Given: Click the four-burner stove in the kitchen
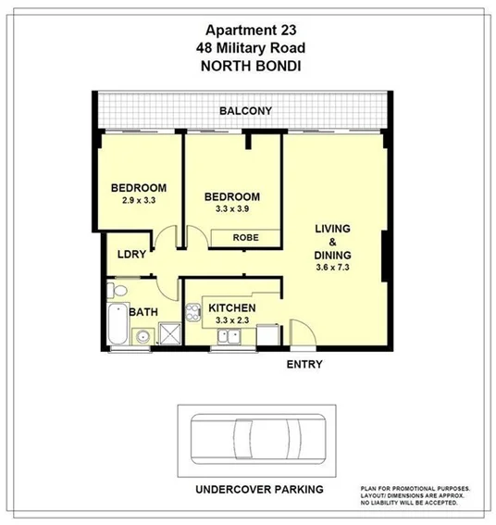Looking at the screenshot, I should tap(194, 311).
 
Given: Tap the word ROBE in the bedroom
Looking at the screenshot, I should tap(245, 238).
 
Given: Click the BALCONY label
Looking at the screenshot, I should tap(245, 112).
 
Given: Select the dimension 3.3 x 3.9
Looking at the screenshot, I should tap(231, 209).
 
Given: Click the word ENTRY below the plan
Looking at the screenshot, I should tap(304, 364).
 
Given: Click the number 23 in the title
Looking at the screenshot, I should tap(294, 29).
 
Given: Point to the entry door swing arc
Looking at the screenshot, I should tap(301, 331).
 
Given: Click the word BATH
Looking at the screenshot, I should tap(143, 313).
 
